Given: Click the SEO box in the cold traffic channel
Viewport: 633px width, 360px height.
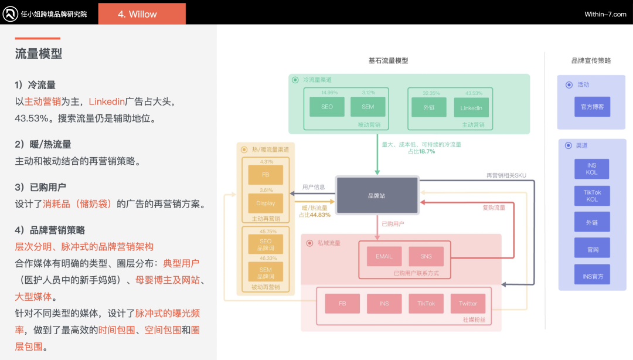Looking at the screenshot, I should point(327,107).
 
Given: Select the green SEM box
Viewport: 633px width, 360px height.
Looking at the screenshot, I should point(368,107).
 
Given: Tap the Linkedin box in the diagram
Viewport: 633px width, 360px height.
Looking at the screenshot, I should point(471,107).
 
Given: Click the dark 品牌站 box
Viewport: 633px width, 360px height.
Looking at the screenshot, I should point(376,195).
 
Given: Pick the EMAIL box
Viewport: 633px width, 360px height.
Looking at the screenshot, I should point(384,256).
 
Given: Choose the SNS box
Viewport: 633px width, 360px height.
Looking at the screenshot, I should point(426,256).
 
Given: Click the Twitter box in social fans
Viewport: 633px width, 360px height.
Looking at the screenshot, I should point(468,303).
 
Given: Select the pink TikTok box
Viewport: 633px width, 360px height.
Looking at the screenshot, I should point(426,303).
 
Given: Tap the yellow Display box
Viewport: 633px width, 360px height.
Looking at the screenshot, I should point(266,203).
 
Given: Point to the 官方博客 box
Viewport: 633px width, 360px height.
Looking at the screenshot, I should point(592,107).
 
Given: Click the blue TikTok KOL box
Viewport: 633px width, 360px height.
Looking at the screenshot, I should point(592,195).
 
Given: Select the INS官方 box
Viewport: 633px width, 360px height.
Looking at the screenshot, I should point(592,276).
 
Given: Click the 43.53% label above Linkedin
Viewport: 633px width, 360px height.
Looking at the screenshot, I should point(474,93).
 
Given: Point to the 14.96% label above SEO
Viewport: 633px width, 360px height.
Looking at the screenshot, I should point(329,93).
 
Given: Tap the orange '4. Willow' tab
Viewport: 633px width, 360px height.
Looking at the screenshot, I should point(142,14).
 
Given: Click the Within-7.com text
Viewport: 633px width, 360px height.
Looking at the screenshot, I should point(605,14).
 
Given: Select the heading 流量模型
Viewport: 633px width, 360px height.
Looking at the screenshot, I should point(39,54).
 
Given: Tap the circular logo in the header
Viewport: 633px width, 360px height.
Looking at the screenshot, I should point(10,14).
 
